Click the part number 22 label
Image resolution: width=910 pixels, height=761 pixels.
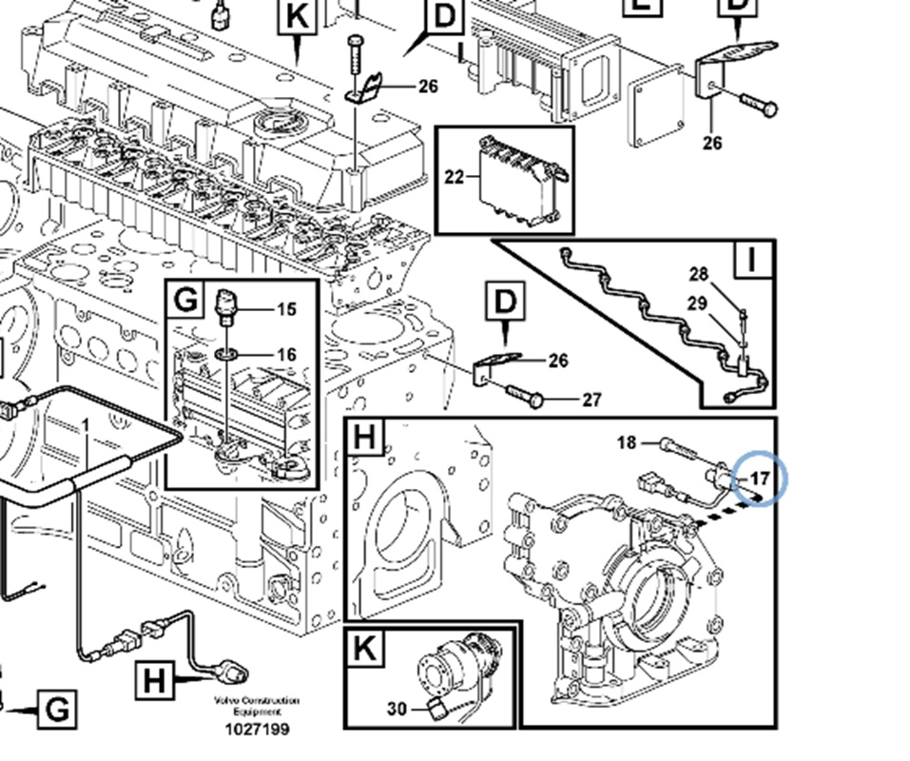(x=454, y=176)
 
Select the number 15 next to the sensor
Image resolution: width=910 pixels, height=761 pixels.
(x=286, y=309)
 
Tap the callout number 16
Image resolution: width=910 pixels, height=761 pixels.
(x=286, y=355)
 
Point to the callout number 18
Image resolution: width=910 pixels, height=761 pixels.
(x=627, y=442)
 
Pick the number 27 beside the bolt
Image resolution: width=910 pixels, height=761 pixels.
(x=591, y=400)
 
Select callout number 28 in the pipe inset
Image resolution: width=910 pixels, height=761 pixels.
(x=699, y=275)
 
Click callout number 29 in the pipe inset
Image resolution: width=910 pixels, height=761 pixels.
(x=697, y=303)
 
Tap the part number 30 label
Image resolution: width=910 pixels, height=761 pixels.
(x=397, y=709)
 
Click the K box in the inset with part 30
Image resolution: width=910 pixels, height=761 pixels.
(x=365, y=649)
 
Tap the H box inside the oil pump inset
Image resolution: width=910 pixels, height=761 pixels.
(x=365, y=439)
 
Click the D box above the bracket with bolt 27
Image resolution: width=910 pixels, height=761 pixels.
(x=504, y=302)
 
